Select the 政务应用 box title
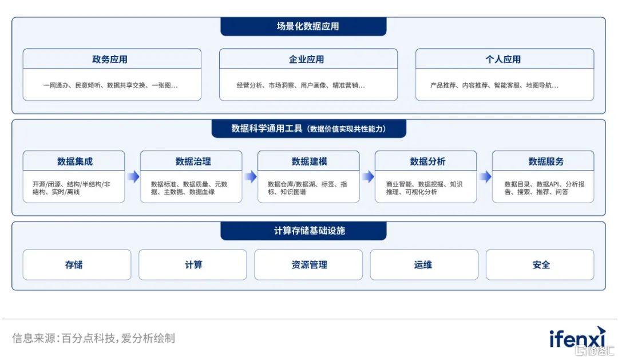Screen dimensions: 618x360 tap(110, 59)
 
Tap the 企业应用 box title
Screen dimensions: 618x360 tap(306, 59)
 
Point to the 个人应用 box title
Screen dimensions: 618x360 tap(503, 59)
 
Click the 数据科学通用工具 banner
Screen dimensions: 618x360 tap(309, 129)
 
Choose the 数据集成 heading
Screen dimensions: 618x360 tap(75, 161)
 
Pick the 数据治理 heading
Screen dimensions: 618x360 tap(193, 161)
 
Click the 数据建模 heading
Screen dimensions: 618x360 tap(310, 161)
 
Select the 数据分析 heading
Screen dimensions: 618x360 tap(427, 161)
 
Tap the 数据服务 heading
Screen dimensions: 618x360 tap(546, 161)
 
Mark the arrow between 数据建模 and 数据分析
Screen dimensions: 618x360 tap(368, 177)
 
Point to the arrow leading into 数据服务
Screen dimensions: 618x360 tap(485, 177)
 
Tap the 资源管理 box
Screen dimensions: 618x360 tap(308, 264)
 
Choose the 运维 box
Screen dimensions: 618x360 tap(424, 264)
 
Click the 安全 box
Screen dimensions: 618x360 tap(540, 264)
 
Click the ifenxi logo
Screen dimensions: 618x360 tap(577, 338)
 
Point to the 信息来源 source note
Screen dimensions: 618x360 tap(93, 338)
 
